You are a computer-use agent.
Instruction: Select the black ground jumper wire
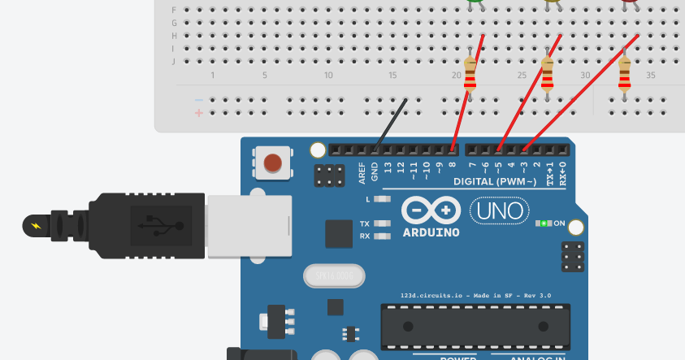pyautogui.click(x=390, y=124)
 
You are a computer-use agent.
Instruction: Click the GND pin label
pyautogui.click(x=375, y=172)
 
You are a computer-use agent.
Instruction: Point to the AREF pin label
pyautogui.click(x=362, y=173)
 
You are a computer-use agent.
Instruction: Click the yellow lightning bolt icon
pyautogui.click(x=35, y=225)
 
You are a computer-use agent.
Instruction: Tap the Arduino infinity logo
pyautogui.click(x=431, y=211)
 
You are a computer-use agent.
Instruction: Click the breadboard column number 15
pyautogui.click(x=392, y=76)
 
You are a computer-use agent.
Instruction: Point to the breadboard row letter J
pyautogui.click(x=174, y=61)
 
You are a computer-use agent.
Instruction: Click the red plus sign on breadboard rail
pyautogui.click(x=199, y=113)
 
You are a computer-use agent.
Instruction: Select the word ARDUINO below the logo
pyautogui.click(x=431, y=232)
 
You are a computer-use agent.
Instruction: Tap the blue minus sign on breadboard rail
pyautogui.click(x=199, y=100)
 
